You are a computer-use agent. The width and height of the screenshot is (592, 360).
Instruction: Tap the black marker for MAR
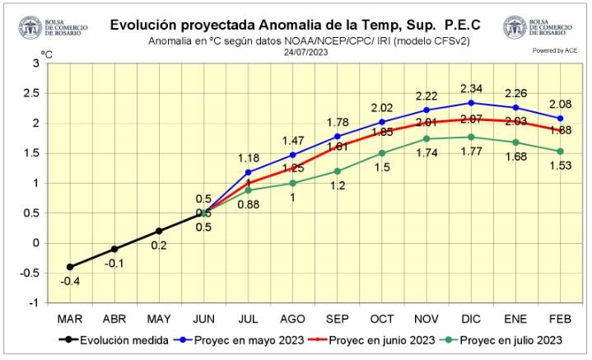69,267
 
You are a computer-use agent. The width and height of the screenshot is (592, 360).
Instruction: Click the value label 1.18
249,158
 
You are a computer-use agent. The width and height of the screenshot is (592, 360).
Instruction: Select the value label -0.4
70,282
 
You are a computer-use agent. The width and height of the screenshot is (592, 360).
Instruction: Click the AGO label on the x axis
292,317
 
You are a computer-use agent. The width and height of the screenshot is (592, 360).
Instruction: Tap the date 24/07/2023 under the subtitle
305,52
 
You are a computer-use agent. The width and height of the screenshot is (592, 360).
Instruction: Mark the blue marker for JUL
249,172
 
